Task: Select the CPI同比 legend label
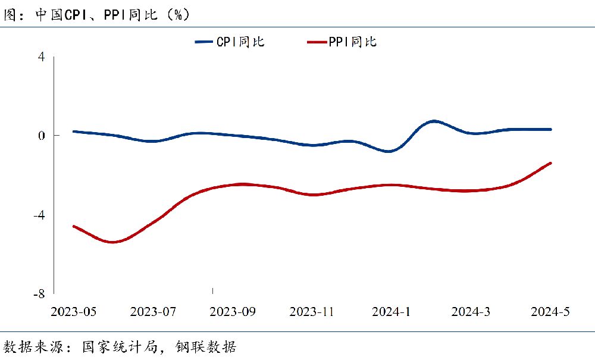[x=240, y=42]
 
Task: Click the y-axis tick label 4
[x=41, y=57]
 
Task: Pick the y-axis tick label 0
[x=41, y=136]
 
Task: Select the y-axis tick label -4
[x=39, y=215]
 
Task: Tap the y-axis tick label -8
[x=39, y=294]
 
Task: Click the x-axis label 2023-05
[x=73, y=312]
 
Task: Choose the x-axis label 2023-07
[x=153, y=312]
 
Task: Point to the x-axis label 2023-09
[x=233, y=312]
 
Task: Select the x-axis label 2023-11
[x=312, y=312]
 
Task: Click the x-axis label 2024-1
[x=391, y=312]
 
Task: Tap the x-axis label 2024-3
[x=471, y=312]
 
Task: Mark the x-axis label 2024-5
[x=550, y=312]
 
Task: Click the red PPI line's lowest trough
[x=112, y=242]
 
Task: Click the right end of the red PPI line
[x=550, y=163]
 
